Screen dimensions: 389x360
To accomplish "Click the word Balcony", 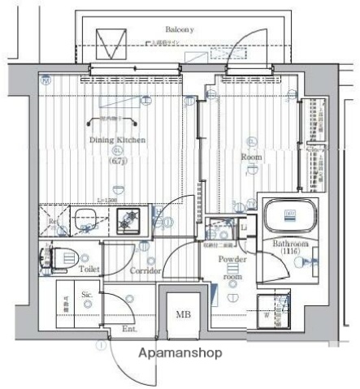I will tap(179, 29).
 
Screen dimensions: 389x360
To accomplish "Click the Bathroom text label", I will tap(288, 244).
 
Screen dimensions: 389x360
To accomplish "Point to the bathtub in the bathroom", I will tap(290, 216).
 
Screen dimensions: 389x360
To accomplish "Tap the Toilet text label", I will tap(89, 267).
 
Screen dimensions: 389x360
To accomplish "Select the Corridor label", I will tap(145, 270).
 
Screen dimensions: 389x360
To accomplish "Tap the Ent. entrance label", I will tap(128, 329).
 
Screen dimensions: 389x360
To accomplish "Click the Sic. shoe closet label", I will tap(87, 295).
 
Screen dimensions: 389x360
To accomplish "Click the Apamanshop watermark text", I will tap(179, 354).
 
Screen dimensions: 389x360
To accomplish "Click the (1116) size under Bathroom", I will tap(288, 253).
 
